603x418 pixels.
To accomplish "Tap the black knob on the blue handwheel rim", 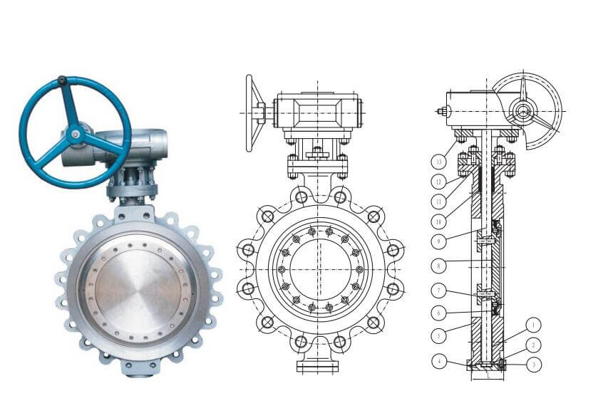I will pyautogui.click(x=63, y=80).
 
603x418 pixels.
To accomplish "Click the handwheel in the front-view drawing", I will pyautogui.click(x=252, y=113).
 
